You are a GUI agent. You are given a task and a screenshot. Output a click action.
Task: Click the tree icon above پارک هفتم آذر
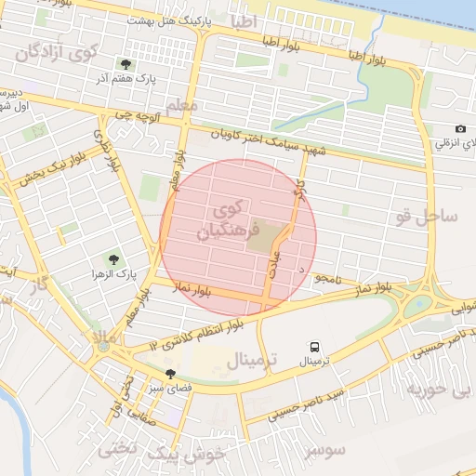tap(126, 64)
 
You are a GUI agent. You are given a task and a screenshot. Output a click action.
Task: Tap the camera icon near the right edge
tap(460, 129)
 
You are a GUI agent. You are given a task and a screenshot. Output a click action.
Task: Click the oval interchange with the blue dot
tap(420, 302)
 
